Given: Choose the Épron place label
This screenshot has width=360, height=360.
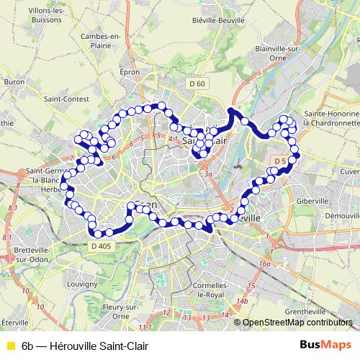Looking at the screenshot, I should coord(129,73).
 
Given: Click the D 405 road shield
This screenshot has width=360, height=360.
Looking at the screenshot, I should coord(102,246).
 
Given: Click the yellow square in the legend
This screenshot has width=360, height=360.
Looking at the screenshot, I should coord(10,344).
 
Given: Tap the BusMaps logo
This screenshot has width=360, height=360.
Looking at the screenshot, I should coord(324,343).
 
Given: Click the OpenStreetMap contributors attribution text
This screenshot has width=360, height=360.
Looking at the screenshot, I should coord(297,323).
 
